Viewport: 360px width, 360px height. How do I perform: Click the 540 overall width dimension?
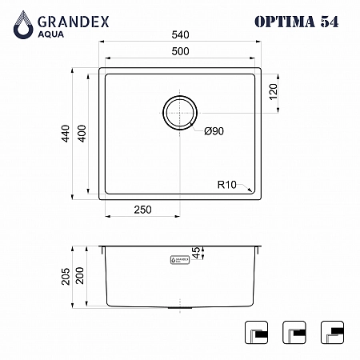[x=180, y=35]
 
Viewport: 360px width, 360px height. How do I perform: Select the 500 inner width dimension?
[x=180, y=51]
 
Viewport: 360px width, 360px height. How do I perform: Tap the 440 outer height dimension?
[x=66, y=134]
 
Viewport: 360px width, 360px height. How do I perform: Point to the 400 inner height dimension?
[x=82, y=134]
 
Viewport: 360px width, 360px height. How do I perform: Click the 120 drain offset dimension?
[x=274, y=92]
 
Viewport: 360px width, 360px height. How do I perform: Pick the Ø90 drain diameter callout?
[x=214, y=131]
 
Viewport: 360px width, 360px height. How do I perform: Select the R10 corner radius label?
[x=227, y=185]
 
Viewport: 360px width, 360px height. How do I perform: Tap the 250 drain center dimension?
[x=142, y=210]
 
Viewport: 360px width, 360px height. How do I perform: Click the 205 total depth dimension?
[x=66, y=277]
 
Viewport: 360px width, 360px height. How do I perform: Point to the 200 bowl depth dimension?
[x=80, y=275]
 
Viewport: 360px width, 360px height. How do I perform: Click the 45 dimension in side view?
[x=196, y=253]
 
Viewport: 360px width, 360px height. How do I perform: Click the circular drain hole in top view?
[x=180, y=113]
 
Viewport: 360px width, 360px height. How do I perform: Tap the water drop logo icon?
[x=23, y=25]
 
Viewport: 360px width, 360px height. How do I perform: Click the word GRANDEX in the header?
[x=74, y=22]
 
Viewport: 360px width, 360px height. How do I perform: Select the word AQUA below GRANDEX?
[x=51, y=34]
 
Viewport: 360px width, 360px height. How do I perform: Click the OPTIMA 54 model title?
[x=297, y=22]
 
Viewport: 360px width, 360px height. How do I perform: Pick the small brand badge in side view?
[x=180, y=260]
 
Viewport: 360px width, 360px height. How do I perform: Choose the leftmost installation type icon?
[x=256, y=332]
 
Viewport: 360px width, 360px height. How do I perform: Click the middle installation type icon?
[x=294, y=332]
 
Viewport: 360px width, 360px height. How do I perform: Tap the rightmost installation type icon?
[x=332, y=332]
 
